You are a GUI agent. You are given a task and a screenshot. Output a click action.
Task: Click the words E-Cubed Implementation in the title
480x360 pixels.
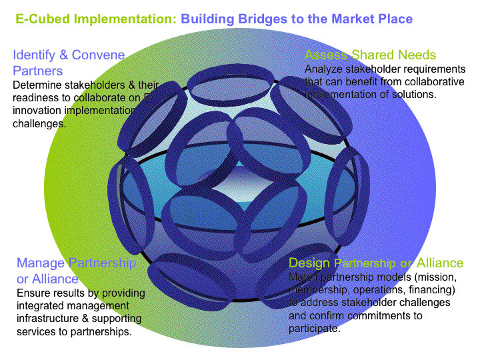[95, 19]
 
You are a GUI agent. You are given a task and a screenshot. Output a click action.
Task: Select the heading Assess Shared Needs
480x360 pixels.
[370, 55]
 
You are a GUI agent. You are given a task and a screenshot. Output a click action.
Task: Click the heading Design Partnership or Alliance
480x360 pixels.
[376, 263]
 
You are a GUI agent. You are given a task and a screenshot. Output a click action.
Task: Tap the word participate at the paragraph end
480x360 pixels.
[313, 329]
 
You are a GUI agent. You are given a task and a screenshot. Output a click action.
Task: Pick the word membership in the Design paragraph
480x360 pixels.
[318, 290]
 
